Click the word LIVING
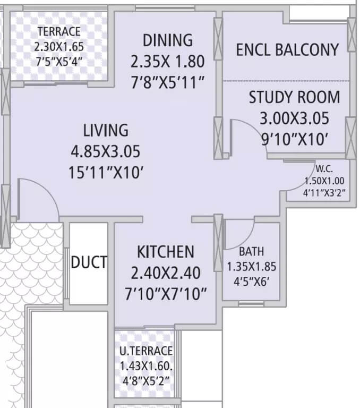click(106, 130)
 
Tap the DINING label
click(167, 40)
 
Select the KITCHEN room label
click(166, 251)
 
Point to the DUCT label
click(89, 262)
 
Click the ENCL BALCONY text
click(287, 50)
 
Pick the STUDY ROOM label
click(294, 97)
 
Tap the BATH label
click(251, 251)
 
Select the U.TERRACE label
click(146, 351)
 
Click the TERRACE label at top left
click(58, 31)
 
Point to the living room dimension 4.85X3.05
click(106, 152)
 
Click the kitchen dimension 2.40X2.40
click(166, 273)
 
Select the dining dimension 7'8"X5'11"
click(167, 82)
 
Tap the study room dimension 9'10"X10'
click(294, 139)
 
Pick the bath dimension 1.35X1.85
click(251, 267)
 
